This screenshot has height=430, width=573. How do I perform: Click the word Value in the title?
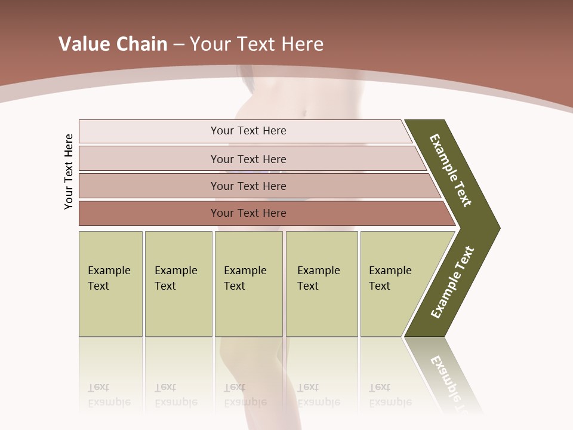tap(83, 44)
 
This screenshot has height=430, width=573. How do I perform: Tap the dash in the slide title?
tap(178, 44)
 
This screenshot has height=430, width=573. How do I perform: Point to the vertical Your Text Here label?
tap(69, 171)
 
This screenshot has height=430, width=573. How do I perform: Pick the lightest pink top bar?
tap(248, 131)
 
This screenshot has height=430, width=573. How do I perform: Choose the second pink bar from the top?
tap(248, 159)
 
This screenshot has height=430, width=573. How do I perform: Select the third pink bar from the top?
tap(248, 186)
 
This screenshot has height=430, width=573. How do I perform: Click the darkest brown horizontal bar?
tap(248, 213)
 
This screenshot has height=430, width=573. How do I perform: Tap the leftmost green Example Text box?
tap(110, 284)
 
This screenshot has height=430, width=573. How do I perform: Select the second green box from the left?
tap(178, 284)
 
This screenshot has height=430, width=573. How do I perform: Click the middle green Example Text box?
tap(248, 284)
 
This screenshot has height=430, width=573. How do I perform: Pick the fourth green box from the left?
tap(321, 284)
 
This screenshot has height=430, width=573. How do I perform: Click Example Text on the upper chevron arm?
tap(451, 170)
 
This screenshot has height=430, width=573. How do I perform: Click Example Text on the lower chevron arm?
tap(452, 282)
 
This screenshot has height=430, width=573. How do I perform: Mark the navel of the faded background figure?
tap(304, 112)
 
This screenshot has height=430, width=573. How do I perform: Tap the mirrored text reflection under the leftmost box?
tap(109, 395)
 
